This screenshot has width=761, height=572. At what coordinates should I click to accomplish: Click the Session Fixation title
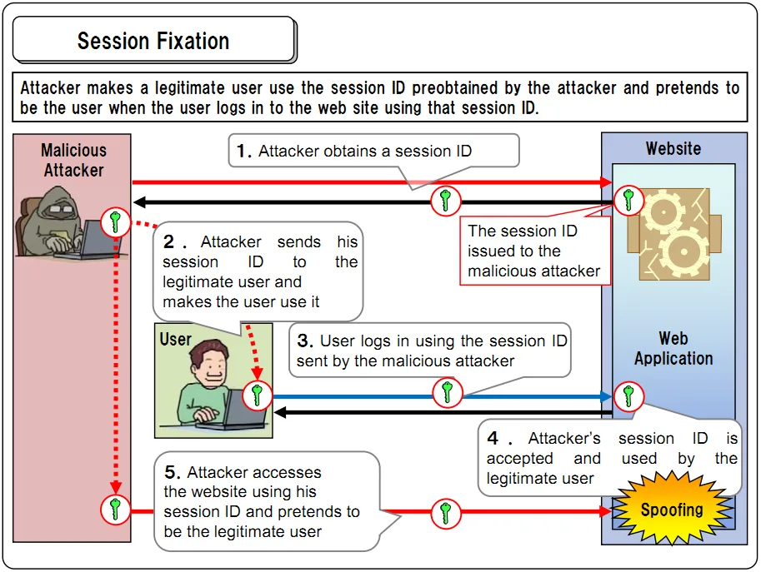(153, 41)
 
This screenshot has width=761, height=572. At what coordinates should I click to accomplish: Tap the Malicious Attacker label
(73, 160)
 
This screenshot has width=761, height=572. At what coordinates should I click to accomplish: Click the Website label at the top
(673, 149)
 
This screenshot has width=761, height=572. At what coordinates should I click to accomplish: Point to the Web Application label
(673, 349)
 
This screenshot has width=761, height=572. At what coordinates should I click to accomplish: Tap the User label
(176, 340)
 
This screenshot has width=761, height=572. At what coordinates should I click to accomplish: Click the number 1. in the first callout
(244, 151)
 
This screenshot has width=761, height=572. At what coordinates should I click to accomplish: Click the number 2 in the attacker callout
(169, 242)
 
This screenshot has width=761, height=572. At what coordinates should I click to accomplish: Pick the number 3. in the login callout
(305, 341)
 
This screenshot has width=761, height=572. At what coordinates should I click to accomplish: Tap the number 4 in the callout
(493, 439)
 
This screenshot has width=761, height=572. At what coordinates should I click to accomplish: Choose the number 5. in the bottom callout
(173, 472)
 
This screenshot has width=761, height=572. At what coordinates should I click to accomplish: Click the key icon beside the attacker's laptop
(115, 222)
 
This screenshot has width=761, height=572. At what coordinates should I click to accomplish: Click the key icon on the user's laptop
(257, 395)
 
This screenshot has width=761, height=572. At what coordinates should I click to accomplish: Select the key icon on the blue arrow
(448, 391)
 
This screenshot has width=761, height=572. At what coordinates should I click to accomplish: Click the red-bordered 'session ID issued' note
(533, 251)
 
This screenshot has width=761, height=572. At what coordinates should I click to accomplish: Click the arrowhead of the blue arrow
(607, 396)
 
